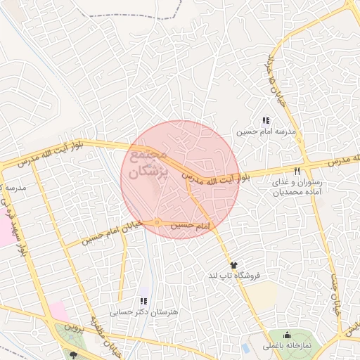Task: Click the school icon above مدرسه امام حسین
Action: pos(266,121)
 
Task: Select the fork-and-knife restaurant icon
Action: pos(297,172)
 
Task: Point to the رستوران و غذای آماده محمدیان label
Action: pos(298,186)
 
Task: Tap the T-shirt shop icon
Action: pos(233,264)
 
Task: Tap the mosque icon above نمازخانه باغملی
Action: pos(287,335)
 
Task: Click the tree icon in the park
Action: pos(72,356)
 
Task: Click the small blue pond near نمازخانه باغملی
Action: pos(245,348)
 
